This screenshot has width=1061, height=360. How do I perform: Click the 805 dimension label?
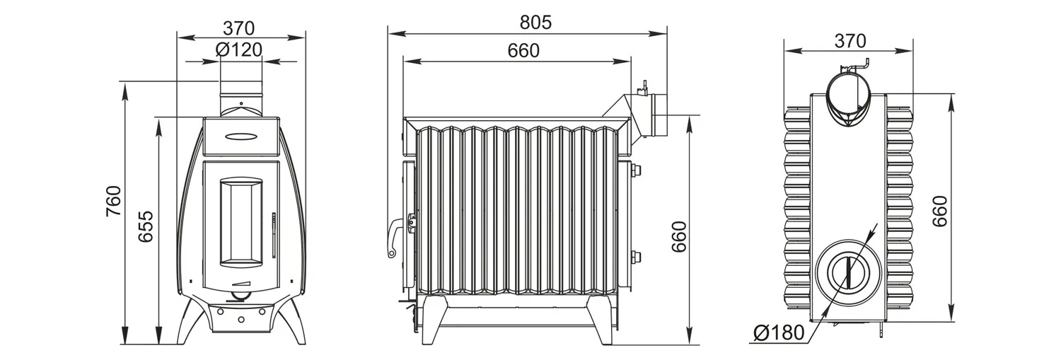pyautogui.click(x=535, y=22)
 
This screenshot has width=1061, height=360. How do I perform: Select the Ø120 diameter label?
pyautogui.click(x=239, y=50)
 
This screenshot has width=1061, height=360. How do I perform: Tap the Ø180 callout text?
pyautogui.click(x=779, y=332)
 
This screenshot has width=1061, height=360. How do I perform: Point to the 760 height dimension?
pyautogui.click(x=114, y=202)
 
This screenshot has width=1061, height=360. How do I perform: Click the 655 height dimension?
pyautogui.click(x=146, y=226)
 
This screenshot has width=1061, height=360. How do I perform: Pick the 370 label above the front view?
pyautogui.click(x=239, y=28)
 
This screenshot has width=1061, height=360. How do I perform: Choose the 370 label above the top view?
pyautogui.click(x=850, y=41)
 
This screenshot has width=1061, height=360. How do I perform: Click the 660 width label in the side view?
pyautogui.click(x=523, y=50)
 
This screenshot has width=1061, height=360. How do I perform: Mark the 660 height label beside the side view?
pyautogui.click(x=679, y=236)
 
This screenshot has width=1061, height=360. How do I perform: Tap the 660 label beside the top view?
pyautogui.click(x=939, y=211)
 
